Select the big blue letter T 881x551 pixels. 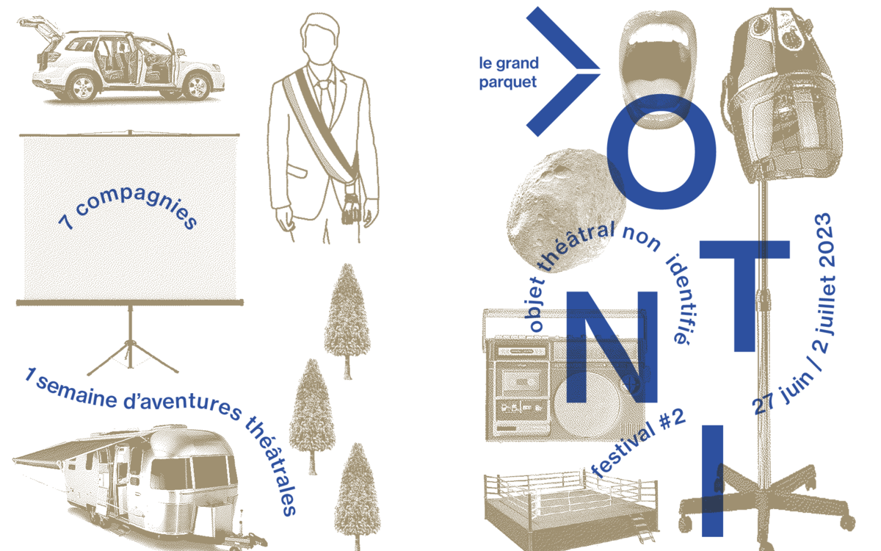(x=744, y=295)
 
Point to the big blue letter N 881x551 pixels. (x=611, y=347)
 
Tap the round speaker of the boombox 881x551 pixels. (x=587, y=406)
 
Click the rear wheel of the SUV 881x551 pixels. (x=83, y=87)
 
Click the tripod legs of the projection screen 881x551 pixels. (x=131, y=356)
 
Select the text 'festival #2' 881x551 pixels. (x=638, y=443)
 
